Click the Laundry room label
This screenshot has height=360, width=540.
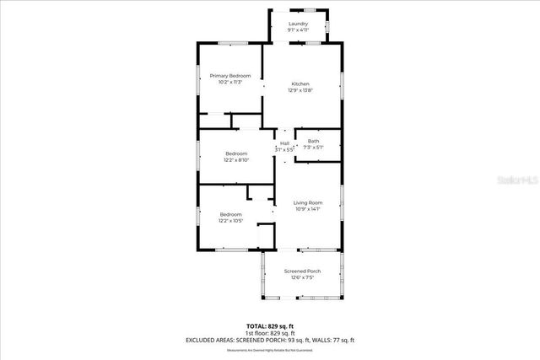coord(298,24)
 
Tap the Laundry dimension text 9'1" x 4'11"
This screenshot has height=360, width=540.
coord(298,30)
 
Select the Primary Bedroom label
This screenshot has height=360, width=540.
coord(229,76)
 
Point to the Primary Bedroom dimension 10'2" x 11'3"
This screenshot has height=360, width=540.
coord(229,82)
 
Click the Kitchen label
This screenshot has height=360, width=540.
coord(300,83)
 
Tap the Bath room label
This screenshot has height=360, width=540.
coord(313,141)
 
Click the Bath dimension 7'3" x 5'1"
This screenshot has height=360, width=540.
coord(313,147)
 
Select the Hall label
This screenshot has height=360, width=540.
coord(285,143)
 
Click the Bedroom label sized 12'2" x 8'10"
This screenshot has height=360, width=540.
coord(235,153)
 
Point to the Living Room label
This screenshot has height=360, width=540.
coord(308,202)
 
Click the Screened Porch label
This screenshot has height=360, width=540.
coord(301,271)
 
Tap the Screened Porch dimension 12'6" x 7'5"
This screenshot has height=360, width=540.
coord(301,277)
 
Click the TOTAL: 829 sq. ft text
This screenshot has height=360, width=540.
coord(270,325)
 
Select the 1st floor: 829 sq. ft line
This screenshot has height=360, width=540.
coord(270,332)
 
